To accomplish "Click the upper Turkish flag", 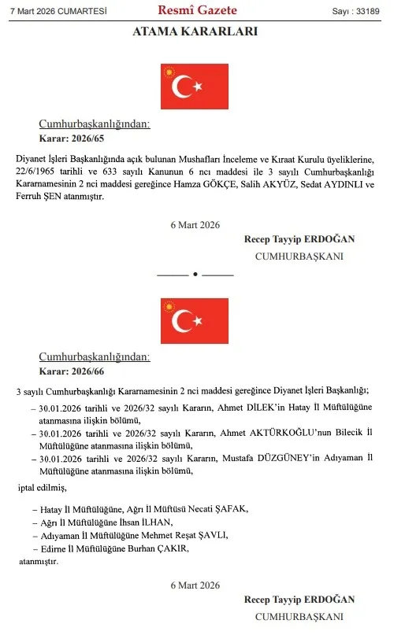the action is click(194, 87).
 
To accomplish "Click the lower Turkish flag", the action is click(194, 321).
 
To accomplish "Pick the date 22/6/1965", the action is click(37, 171).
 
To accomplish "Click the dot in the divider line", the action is click(195, 274).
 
